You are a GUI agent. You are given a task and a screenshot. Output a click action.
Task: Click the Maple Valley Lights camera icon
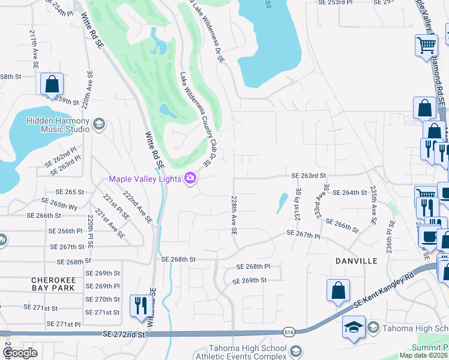point(191,179)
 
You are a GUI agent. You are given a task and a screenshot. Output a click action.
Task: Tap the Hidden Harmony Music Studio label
point(57,124)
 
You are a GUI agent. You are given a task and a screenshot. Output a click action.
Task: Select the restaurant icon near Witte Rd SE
point(139,305)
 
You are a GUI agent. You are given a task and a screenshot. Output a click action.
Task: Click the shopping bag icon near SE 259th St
point(52,85)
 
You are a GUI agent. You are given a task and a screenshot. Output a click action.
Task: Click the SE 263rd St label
point(308,176)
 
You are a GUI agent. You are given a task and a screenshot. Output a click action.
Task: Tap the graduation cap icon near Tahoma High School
point(354,328)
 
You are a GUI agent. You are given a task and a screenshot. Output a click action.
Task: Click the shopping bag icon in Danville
point(338,290)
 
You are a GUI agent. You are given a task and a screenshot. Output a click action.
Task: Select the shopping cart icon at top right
point(426,45)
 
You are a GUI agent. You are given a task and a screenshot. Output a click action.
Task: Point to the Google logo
point(20,353)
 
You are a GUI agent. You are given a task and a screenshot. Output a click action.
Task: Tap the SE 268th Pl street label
point(253,266)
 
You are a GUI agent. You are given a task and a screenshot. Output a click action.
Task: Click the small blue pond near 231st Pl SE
point(281,203)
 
